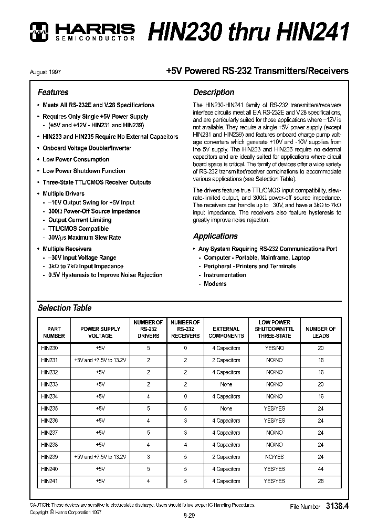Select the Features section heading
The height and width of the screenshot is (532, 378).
click(x=53, y=92)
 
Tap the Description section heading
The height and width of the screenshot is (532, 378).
click(x=214, y=92)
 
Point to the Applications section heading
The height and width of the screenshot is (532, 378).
click(x=215, y=236)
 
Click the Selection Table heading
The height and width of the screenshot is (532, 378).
click(x=65, y=308)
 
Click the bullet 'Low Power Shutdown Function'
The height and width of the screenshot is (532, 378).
click(x=83, y=171)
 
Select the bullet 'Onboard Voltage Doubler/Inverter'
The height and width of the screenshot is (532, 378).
click(x=87, y=148)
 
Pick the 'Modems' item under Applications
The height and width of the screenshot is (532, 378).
click(x=215, y=284)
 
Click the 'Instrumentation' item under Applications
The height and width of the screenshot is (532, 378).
click(x=225, y=275)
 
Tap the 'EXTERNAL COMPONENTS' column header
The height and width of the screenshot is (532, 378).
click(x=226, y=332)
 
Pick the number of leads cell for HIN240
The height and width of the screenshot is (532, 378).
click(x=320, y=469)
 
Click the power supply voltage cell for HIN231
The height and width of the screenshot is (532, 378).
click(x=100, y=360)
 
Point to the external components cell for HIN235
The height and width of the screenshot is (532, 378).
click(x=226, y=408)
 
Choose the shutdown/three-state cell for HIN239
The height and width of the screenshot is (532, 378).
click(x=274, y=457)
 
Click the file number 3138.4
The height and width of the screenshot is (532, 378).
click(x=338, y=507)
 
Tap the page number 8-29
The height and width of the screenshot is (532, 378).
click(x=189, y=516)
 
